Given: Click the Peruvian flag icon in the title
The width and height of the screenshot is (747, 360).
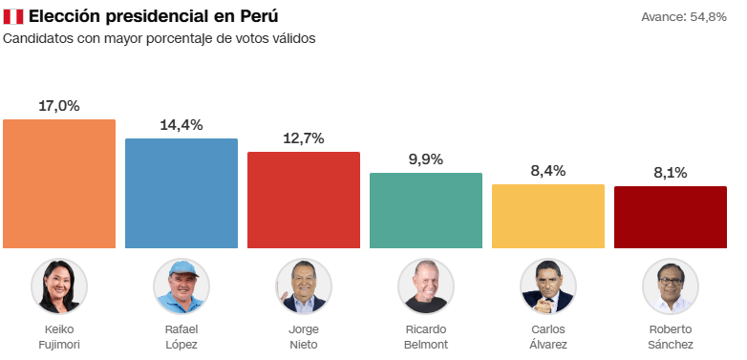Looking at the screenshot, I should [13, 17].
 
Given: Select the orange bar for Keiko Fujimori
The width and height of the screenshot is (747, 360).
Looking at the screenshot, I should [59, 183].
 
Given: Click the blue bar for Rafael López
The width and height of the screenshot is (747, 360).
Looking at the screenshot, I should [181, 193].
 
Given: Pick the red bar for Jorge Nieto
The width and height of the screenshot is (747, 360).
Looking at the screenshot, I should [304, 200].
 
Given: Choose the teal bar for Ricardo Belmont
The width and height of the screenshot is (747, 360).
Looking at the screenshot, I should [426, 210].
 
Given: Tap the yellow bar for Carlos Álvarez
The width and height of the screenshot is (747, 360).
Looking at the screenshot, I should [548, 216].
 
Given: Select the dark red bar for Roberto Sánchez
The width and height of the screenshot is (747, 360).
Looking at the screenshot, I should [671, 217].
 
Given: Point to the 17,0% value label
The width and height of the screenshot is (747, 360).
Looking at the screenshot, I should [59, 106].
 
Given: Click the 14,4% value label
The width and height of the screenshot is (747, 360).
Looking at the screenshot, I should [181, 125].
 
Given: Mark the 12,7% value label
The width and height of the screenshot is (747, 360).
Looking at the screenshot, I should [304, 138].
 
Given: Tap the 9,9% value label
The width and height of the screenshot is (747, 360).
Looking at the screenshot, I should [426, 159].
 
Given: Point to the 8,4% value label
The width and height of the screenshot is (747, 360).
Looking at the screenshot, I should [548, 171].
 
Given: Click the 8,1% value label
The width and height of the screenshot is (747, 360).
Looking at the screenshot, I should [671, 173].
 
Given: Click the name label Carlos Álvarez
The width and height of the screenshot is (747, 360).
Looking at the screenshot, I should [548, 336].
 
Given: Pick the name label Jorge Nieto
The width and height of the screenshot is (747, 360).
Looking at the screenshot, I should [304, 336].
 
